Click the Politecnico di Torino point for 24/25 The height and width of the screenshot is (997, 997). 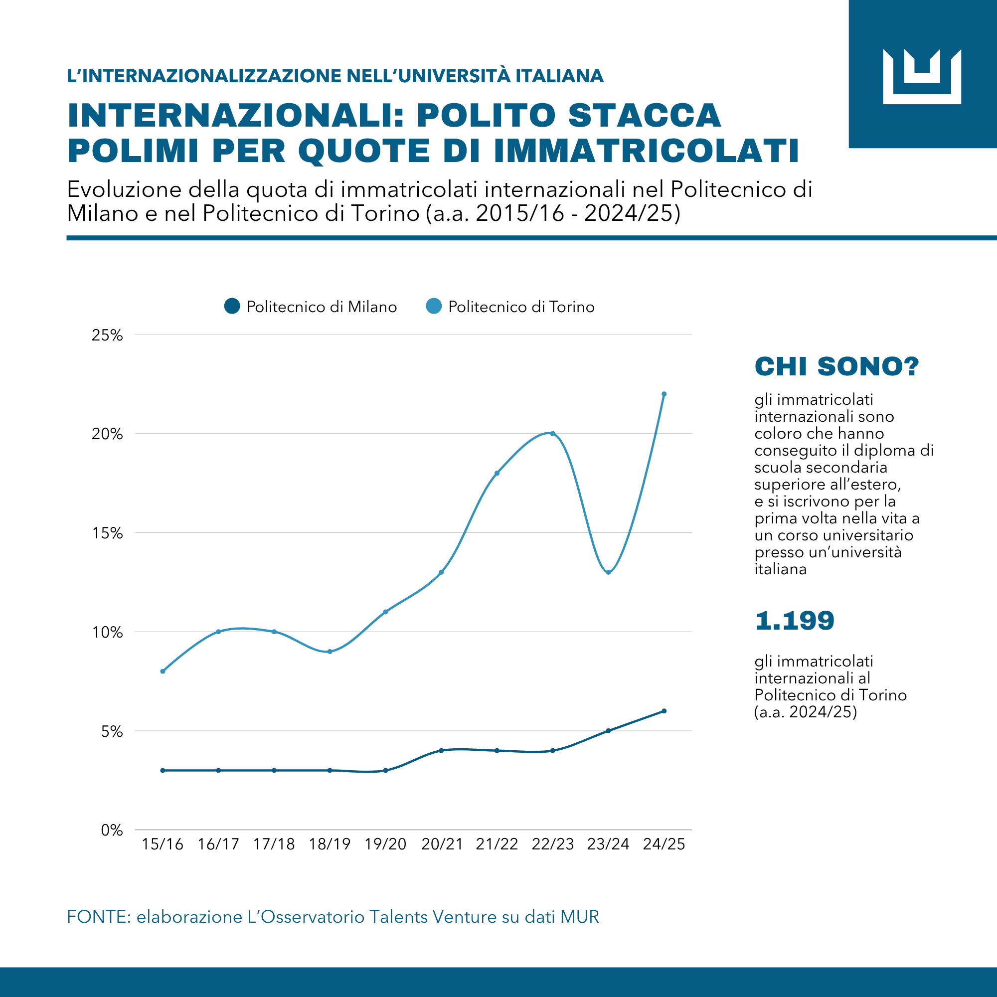click(x=664, y=394)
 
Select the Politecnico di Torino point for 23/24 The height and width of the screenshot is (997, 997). click(x=608, y=572)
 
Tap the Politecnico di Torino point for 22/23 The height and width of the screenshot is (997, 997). click(x=553, y=434)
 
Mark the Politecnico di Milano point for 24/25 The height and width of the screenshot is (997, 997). click(x=664, y=711)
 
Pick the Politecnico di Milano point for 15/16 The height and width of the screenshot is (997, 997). click(x=163, y=771)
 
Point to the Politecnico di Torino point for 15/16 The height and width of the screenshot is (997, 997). click(x=163, y=671)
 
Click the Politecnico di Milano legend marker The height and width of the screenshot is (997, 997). click(x=232, y=306)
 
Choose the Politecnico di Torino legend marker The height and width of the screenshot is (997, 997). click(x=434, y=306)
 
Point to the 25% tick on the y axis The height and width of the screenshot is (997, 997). click(x=107, y=335)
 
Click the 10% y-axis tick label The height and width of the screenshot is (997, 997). click(x=107, y=632)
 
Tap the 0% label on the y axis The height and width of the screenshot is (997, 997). click(x=112, y=831)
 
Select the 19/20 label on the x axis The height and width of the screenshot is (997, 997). click(x=385, y=844)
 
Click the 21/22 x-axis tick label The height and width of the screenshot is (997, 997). click(x=497, y=844)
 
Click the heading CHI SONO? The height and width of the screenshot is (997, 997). click(x=836, y=366)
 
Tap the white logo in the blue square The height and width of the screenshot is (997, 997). click(x=922, y=76)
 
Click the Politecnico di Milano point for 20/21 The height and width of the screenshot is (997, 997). click(x=441, y=750)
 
